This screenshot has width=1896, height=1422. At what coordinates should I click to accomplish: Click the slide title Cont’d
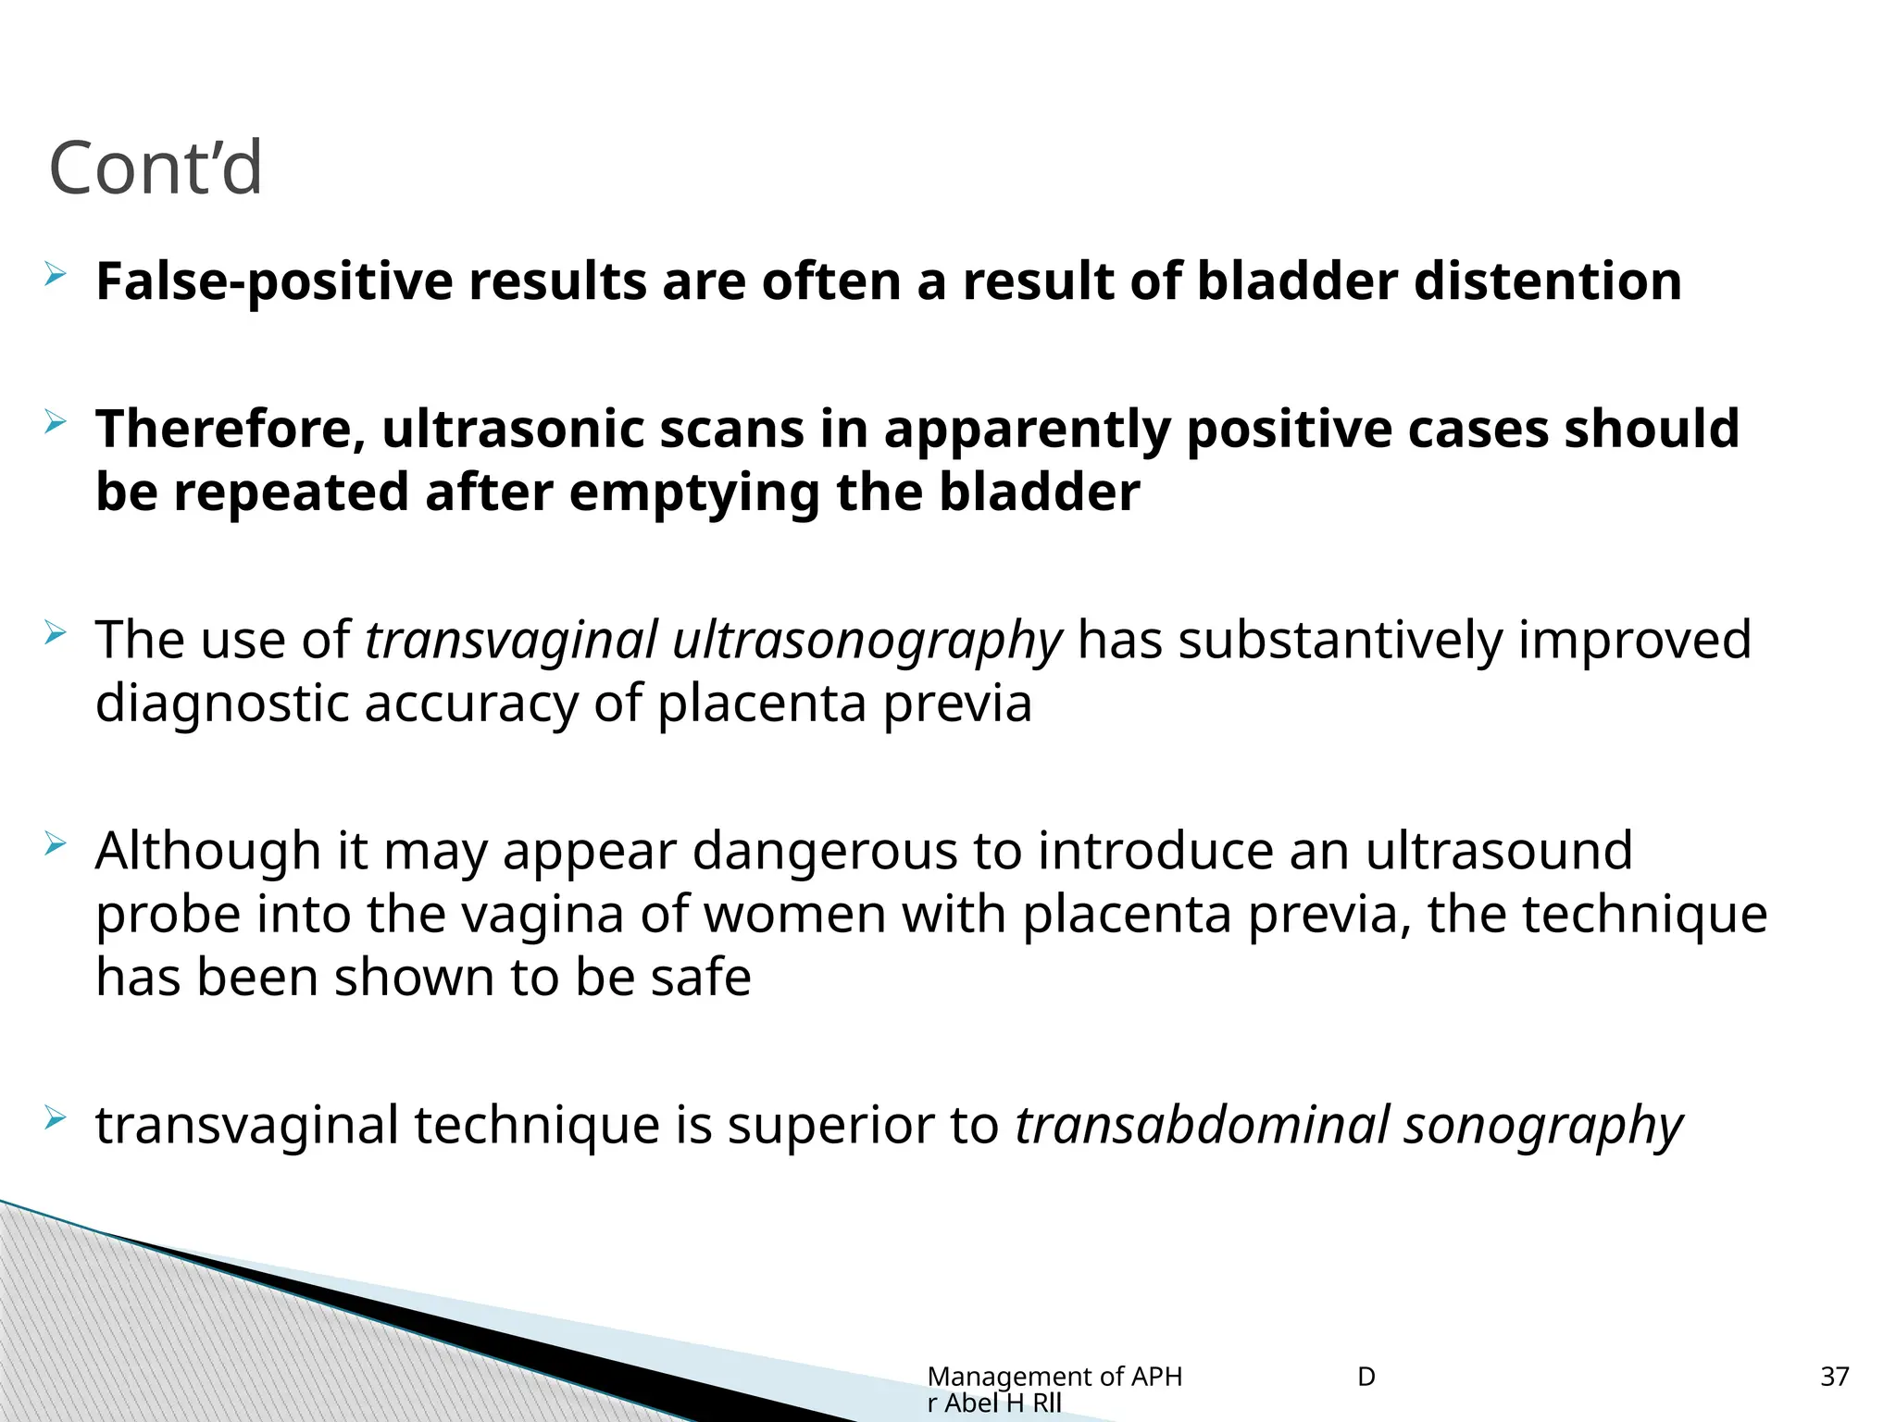point(156,168)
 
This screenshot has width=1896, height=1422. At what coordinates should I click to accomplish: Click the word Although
point(208,852)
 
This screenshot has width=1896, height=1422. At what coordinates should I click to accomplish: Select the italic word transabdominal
point(1203,1126)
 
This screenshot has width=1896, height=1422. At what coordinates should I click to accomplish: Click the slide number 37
point(1834,1377)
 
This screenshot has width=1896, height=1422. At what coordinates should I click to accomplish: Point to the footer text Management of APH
point(1054,1377)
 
